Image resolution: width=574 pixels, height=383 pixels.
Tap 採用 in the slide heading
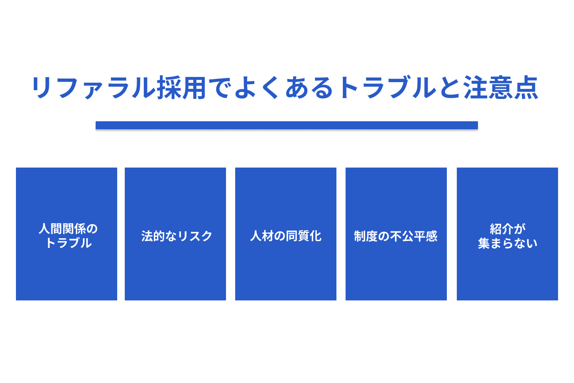point(182,88)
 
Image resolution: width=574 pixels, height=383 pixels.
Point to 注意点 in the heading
point(501,88)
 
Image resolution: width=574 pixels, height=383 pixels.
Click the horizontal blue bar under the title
point(287,125)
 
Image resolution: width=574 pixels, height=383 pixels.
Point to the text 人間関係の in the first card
point(68,229)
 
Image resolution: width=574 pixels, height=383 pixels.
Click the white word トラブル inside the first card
point(69,243)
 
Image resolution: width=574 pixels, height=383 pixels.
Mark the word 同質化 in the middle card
point(304,236)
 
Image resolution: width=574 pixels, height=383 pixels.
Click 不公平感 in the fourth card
point(414,236)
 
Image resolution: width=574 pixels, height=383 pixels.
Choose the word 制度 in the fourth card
point(366,236)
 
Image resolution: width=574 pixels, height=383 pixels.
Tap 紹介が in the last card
point(507,229)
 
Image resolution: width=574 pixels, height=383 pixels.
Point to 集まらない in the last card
point(507,243)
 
